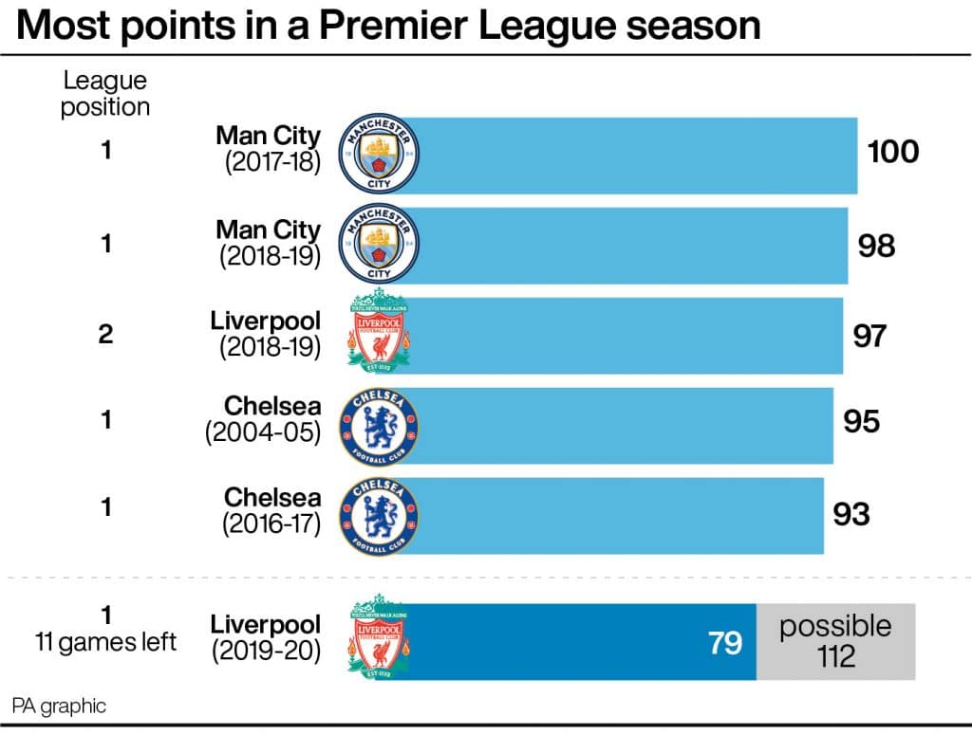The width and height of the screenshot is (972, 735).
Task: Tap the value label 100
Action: pyautogui.click(x=893, y=152)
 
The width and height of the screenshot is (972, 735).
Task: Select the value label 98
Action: pyautogui.click(x=875, y=246)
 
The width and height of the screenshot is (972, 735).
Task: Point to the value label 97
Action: pyautogui.click(x=869, y=335)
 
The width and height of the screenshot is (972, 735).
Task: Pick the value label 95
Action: pyautogui.click(x=862, y=421)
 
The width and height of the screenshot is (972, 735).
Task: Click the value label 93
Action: pyautogui.click(x=851, y=514)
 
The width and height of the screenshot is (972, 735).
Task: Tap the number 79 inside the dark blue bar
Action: pyautogui.click(x=724, y=642)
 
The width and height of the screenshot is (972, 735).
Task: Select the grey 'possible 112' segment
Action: pyautogui.click(x=835, y=641)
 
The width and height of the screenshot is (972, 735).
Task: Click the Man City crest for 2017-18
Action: pyautogui.click(x=379, y=155)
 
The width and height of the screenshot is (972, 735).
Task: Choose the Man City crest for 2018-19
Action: pyautogui.click(x=379, y=244)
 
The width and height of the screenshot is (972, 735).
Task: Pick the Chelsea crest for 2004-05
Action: pyautogui.click(x=379, y=421)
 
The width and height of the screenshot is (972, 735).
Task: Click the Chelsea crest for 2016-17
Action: pyautogui.click(x=379, y=514)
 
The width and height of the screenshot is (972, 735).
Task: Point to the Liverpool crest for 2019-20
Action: pyautogui.click(x=379, y=641)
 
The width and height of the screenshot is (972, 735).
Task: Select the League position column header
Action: pyautogui.click(x=105, y=94)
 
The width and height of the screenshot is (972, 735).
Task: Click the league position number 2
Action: pyautogui.click(x=106, y=335)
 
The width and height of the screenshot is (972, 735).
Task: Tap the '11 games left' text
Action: pyautogui.click(x=106, y=642)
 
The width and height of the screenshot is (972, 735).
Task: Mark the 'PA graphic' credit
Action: pyautogui.click(x=59, y=706)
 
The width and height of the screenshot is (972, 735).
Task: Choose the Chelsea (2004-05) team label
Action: pyautogui.click(x=264, y=419)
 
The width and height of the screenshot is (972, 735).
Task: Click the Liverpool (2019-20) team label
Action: pyautogui.click(x=266, y=638)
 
